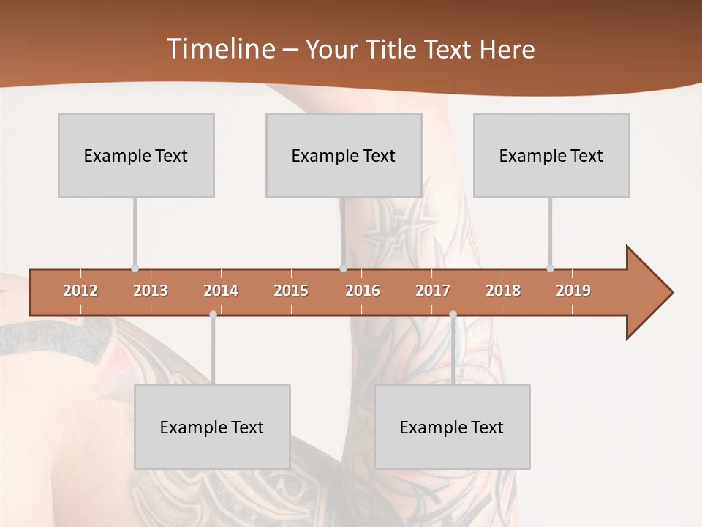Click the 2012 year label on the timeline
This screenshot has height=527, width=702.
(x=80, y=291)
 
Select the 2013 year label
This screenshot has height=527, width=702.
(x=151, y=291)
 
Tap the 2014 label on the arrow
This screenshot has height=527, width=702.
(x=221, y=291)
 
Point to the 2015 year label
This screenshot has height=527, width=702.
(x=291, y=291)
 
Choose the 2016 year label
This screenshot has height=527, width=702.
(x=363, y=291)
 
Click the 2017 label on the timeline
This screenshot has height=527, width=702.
(x=433, y=291)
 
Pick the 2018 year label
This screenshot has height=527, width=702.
(x=503, y=291)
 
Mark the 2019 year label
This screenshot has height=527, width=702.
(x=573, y=291)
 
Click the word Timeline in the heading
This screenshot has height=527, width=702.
(x=219, y=49)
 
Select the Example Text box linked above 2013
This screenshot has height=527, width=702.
(x=136, y=155)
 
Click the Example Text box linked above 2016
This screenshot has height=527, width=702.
(x=344, y=155)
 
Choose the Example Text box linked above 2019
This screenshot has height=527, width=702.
(x=551, y=155)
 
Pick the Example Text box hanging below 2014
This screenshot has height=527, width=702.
(x=212, y=427)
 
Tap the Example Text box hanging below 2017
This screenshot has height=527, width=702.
(x=452, y=427)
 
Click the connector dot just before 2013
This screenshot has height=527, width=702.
(x=135, y=269)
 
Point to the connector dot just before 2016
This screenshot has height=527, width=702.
(x=343, y=269)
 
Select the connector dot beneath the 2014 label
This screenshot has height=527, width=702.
(x=213, y=314)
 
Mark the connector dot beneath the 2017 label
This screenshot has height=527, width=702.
(x=453, y=314)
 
